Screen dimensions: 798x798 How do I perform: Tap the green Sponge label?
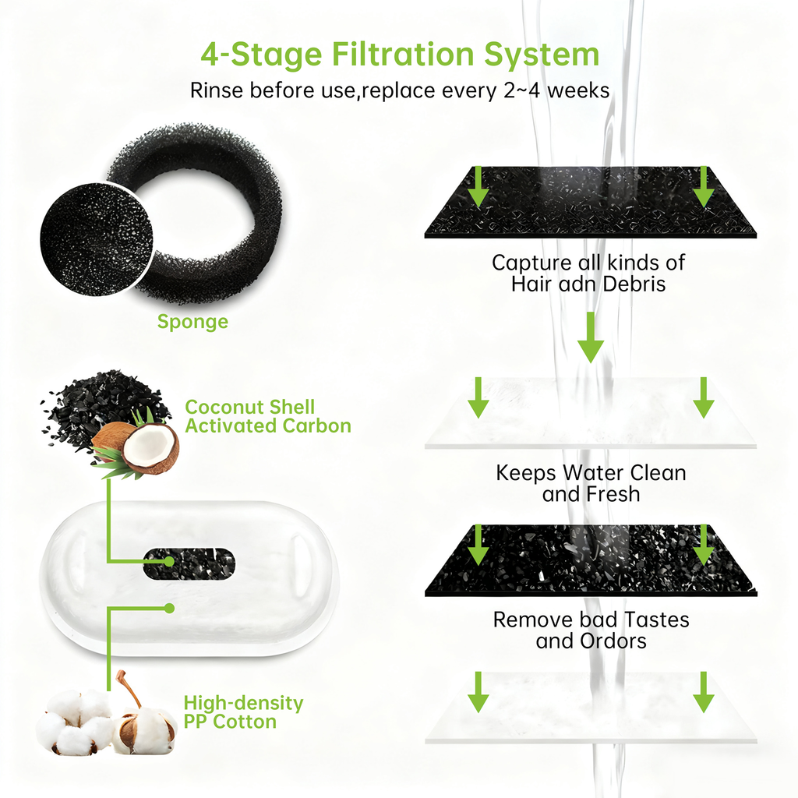point(192,322)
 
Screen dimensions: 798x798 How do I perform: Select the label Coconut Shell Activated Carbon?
point(268,416)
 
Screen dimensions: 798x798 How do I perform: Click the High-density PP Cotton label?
point(243,712)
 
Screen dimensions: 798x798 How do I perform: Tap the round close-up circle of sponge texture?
point(96,238)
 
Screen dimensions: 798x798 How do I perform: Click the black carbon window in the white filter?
point(189,563)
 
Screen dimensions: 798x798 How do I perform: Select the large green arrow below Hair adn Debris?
point(591,337)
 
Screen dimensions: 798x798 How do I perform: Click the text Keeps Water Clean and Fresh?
point(591,483)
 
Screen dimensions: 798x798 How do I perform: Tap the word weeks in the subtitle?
point(578,90)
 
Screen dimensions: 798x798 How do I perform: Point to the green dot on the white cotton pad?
point(169,608)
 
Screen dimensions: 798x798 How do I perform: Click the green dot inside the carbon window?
point(169,561)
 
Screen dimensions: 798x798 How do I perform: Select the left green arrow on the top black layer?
point(478,186)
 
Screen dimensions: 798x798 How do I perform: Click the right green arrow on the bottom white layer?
point(704,692)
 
